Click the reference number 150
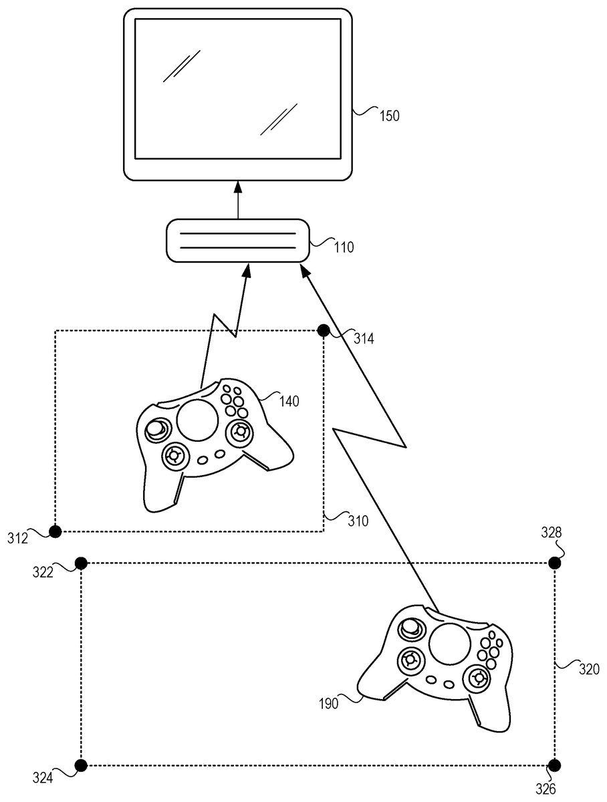pos(389,116)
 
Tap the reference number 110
pos(344,247)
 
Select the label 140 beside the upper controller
pos(289,401)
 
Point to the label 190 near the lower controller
pos(328,703)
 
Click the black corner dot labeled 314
pos(323,330)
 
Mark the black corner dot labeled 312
pos(55,531)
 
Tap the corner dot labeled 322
pos(81,563)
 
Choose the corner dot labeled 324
pos(81,765)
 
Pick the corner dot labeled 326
pos(554,765)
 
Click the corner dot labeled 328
pos(554,563)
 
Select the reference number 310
pos(358,521)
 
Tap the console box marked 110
pos(238,241)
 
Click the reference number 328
pos(552,533)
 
